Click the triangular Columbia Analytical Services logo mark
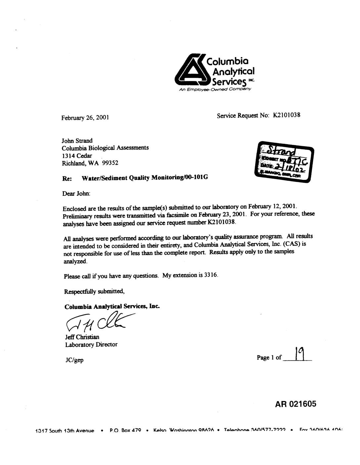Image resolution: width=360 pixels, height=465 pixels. point(191,70)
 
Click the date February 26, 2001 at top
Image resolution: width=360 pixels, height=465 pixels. point(85,117)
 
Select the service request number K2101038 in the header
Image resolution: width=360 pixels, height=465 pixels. point(286,115)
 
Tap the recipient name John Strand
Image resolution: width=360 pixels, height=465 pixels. point(77,141)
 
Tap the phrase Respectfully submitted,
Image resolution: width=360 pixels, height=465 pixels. point(94,292)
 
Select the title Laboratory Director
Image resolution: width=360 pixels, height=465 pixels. point(91,345)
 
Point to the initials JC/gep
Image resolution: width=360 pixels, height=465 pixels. point(74,360)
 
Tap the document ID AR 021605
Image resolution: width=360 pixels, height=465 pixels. point(295,404)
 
